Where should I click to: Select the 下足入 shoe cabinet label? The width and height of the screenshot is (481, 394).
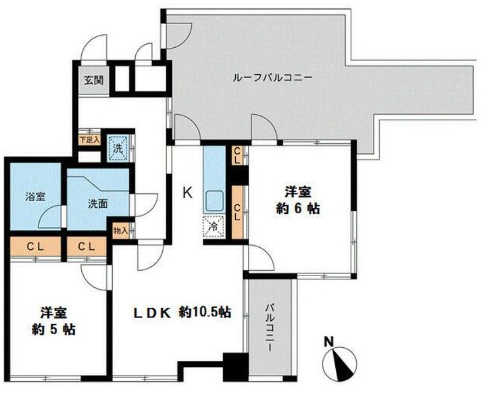pos(89,140)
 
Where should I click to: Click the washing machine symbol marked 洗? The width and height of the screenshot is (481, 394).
pos(118,148)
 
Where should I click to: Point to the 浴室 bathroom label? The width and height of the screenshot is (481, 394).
pos(34,197)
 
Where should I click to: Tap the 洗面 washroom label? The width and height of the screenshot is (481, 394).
pos(97,202)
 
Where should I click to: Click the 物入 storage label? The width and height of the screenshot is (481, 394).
pos(120,230)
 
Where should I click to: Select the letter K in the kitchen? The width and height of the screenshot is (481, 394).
pos(187,192)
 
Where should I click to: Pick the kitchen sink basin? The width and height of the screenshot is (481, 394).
pos(213,202)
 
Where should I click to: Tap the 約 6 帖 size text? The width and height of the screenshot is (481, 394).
pos(298,209)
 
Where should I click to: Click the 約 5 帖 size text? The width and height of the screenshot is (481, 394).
pos(53,330)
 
